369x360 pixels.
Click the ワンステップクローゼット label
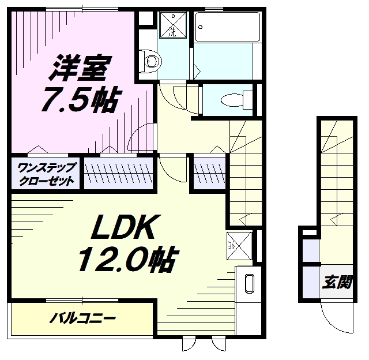click(x=46, y=174)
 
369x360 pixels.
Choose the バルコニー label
click(x=83, y=318)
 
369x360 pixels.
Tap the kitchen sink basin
click(x=249, y=284)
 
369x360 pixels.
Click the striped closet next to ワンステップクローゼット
click(x=119, y=173)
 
